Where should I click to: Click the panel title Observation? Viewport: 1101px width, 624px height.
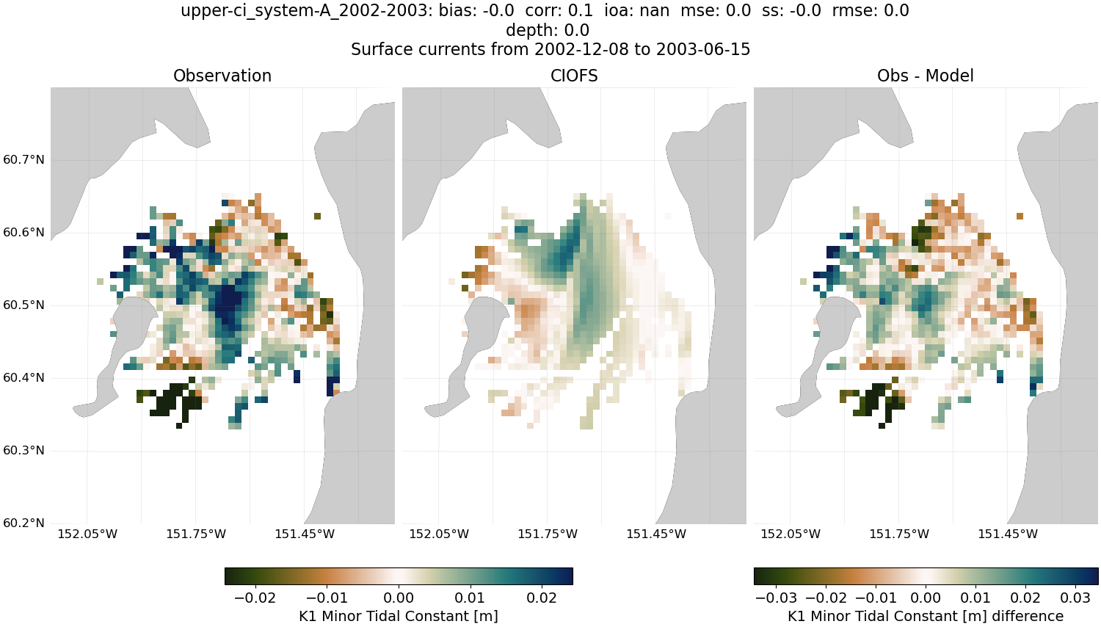click(222, 76)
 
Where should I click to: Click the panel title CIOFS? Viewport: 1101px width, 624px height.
click(574, 76)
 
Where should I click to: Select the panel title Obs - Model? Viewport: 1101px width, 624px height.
click(925, 76)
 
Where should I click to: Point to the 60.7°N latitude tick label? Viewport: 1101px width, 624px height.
click(23, 160)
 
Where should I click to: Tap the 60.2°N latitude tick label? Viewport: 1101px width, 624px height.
click(23, 523)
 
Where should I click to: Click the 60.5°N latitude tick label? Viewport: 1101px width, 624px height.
click(23, 305)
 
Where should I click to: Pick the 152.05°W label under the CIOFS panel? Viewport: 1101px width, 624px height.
click(438, 534)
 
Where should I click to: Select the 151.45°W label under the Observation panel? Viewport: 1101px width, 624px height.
click(305, 534)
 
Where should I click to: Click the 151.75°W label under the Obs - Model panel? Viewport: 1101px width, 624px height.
click(899, 534)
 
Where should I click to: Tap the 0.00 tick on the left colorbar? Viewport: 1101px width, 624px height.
click(399, 598)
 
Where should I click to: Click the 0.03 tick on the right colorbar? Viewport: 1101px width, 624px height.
click(1076, 598)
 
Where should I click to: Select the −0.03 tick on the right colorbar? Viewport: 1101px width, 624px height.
click(776, 598)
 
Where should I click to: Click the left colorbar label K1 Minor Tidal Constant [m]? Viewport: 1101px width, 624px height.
click(399, 616)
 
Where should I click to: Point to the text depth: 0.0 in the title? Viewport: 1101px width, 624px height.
click(548, 30)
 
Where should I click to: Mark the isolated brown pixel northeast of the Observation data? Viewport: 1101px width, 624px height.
click(317, 216)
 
